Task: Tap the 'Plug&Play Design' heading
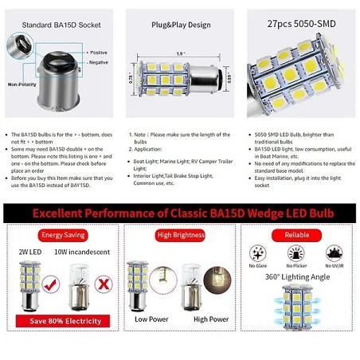(180, 24)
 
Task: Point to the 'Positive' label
(99, 52)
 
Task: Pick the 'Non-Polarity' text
(22, 83)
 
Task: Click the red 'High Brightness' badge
(180, 236)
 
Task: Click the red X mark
(100, 283)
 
